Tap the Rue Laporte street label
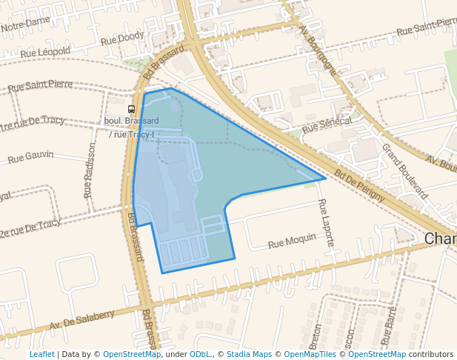[x=325, y=222]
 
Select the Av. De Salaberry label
[x=82, y=320]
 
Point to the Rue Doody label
[x=123, y=37]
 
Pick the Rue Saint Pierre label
[x=40, y=86]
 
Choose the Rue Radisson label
[x=90, y=170]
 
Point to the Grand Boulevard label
[x=404, y=170]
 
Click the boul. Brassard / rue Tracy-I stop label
[x=132, y=127]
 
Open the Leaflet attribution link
[x=41, y=354]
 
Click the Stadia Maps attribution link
[x=249, y=354]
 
